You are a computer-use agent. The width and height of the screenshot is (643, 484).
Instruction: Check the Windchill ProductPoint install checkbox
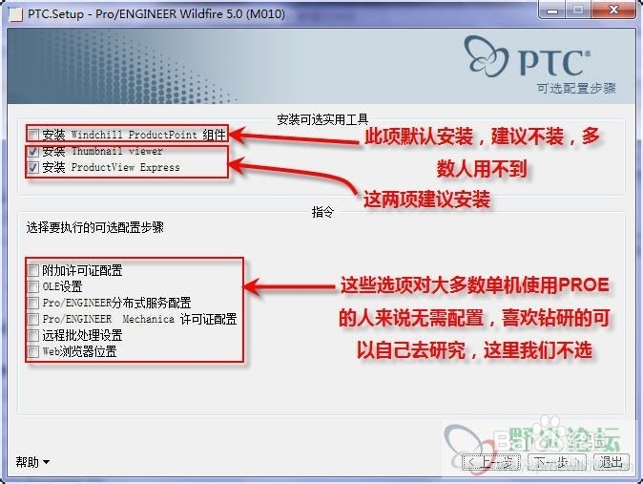coord(33,135)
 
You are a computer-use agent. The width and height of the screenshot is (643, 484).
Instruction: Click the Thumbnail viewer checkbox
coord(33,151)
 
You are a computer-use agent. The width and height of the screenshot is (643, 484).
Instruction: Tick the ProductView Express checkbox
coord(33,167)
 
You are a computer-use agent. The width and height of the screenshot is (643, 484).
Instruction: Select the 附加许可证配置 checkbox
coord(33,271)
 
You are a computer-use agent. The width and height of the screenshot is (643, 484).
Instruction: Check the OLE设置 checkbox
coord(33,286)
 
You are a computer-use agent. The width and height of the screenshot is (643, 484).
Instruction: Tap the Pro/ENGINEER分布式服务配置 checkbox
coord(33,303)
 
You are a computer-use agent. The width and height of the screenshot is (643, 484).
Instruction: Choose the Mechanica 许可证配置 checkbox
coord(33,319)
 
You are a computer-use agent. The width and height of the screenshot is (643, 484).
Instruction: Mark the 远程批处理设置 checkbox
coord(33,335)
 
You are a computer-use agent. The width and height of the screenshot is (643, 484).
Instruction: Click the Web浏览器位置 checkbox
coord(33,351)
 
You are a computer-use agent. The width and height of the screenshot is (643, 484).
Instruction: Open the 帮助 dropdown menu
coord(32,462)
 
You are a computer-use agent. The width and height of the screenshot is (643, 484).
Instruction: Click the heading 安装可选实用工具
coord(321,119)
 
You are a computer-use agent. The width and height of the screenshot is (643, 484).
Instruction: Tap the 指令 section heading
coord(321,212)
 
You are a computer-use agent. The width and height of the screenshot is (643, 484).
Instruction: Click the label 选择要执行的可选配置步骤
coord(94,228)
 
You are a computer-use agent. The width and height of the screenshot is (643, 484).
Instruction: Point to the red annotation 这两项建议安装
coord(427,200)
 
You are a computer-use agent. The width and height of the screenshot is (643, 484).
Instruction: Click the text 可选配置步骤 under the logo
coord(576,88)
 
